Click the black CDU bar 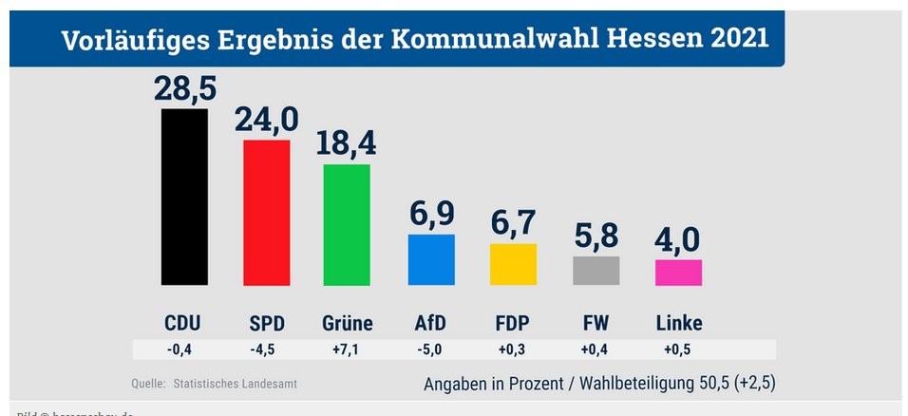coord(184,197)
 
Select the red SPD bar coord(267,213)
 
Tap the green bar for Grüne coord(347,225)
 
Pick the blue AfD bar coord(431,259)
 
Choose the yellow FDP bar coord(513,264)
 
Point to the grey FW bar coord(596,271)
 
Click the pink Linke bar coord(679,273)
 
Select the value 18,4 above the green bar coord(348,143)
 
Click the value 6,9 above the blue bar coord(432,215)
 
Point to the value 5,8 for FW coord(596,236)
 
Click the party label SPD coord(267,323)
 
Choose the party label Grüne coord(348,323)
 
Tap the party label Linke coord(679,323)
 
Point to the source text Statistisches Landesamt coord(241,384)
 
